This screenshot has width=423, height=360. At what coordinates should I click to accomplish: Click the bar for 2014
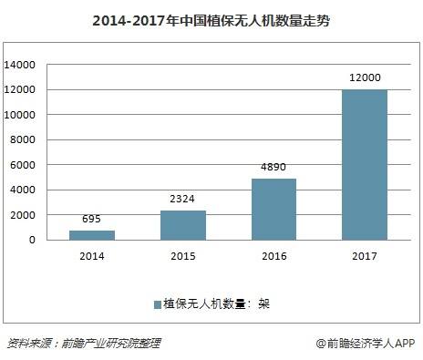click(x=92, y=235)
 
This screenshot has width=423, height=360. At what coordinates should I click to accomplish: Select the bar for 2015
click(x=182, y=225)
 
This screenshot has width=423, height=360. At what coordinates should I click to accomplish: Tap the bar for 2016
click(x=273, y=209)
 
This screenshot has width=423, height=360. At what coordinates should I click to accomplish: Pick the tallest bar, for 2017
click(x=363, y=164)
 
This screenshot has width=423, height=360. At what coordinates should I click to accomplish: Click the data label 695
click(x=92, y=220)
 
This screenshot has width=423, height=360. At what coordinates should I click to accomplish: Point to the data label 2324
click(x=182, y=200)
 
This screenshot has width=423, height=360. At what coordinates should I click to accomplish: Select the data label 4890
click(x=273, y=168)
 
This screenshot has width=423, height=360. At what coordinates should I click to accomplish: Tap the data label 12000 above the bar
click(x=363, y=78)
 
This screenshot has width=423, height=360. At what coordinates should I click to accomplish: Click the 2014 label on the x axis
click(x=92, y=257)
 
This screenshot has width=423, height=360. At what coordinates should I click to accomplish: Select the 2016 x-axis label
click(x=273, y=257)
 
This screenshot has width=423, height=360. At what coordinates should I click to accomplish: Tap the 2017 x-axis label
click(x=363, y=257)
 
